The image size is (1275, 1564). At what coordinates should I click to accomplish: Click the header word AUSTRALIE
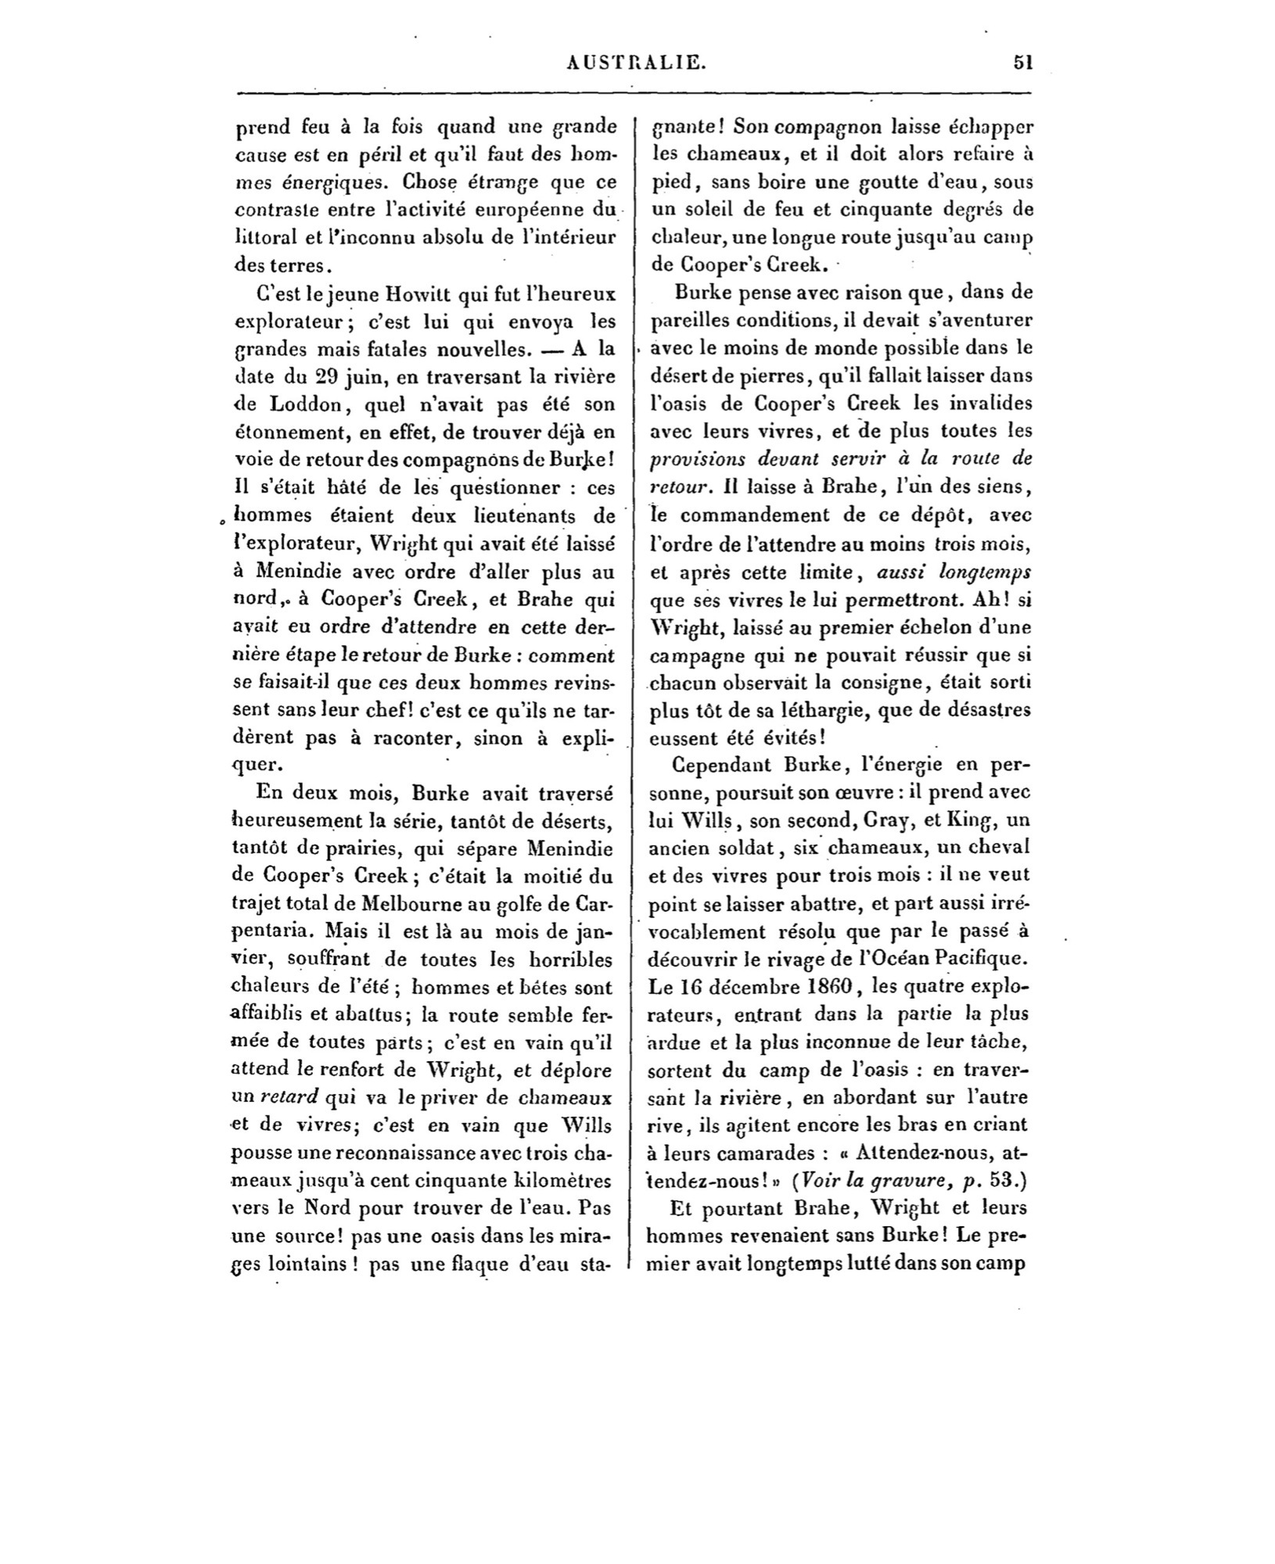coord(635,63)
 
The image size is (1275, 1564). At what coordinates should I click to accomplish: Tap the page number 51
coord(1022,63)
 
